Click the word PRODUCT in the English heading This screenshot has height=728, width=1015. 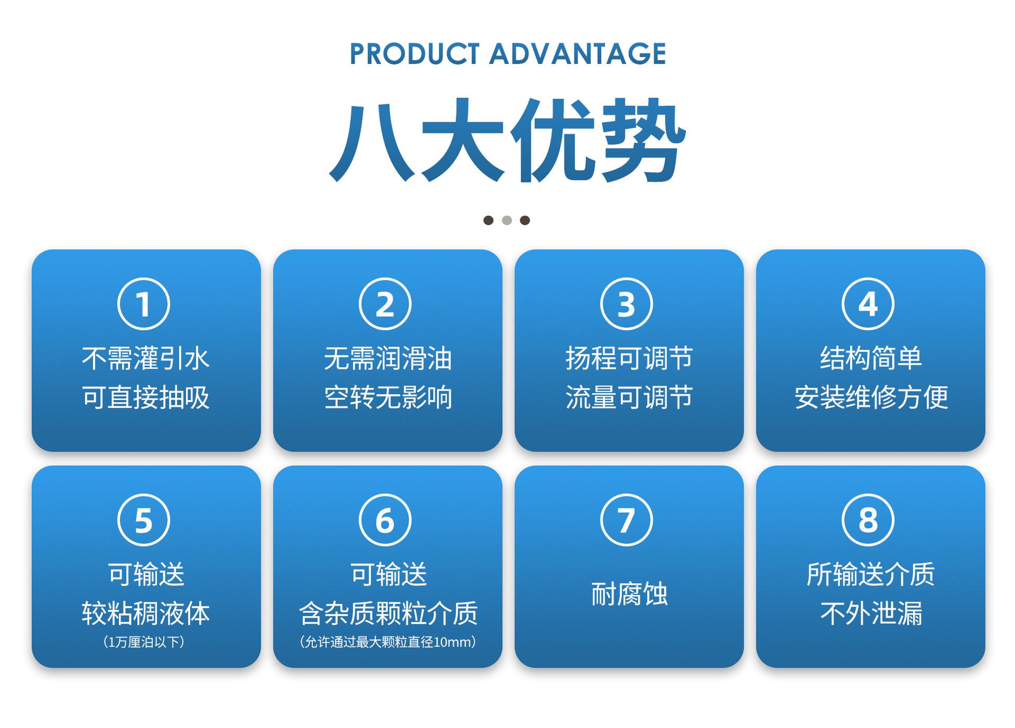click(x=414, y=54)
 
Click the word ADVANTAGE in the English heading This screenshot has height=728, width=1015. click(x=577, y=54)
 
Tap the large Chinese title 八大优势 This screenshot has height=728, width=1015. click(x=508, y=140)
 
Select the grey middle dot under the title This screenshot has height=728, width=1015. click(x=507, y=220)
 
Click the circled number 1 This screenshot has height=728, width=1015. click(x=144, y=303)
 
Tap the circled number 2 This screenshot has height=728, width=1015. click(x=385, y=303)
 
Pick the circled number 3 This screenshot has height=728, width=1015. click(x=626, y=303)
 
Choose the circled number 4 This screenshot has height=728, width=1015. click(x=868, y=303)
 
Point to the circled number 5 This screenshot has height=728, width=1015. click(x=144, y=520)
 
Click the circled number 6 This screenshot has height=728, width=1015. click(x=385, y=520)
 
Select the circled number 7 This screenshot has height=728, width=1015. click(x=626, y=520)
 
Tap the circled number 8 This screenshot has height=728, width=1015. click(x=868, y=520)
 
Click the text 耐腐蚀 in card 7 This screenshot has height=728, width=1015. click(x=629, y=594)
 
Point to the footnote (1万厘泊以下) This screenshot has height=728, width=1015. click(x=144, y=642)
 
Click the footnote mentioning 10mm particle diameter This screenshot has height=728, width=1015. click(x=387, y=642)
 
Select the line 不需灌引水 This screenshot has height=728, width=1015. click(x=146, y=358)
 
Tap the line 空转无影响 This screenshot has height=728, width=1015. click(x=388, y=398)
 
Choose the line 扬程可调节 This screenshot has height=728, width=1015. click(x=629, y=358)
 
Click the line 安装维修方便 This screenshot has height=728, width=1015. click(x=871, y=398)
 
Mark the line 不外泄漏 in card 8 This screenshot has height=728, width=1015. click(x=871, y=613)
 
